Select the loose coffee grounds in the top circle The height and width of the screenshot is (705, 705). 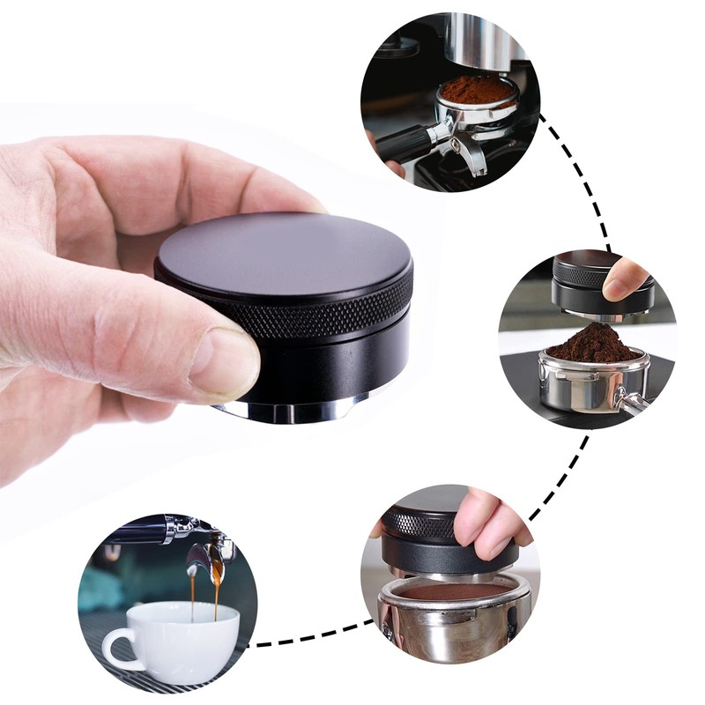[x=477, y=89]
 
